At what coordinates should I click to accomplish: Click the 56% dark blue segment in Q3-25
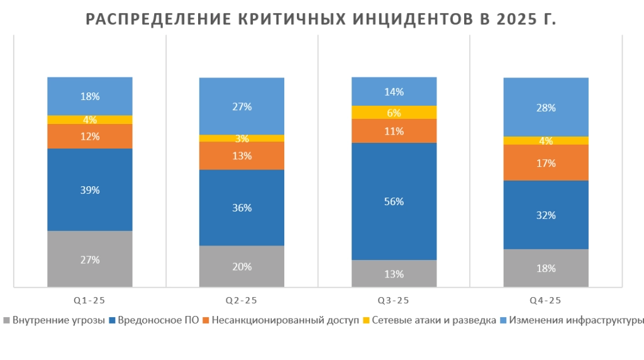(x=394, y=202)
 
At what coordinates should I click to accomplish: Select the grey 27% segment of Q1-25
(x=90, y=259)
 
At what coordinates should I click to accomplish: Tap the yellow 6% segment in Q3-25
(x=394, y=112)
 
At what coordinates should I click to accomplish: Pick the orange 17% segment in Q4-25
(x=546, y=163)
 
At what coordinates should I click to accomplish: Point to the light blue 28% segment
(x=546, y=108)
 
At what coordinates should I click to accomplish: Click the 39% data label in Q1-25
(x=90, y=190)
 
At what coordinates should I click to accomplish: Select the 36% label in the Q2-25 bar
(x=242, y=208)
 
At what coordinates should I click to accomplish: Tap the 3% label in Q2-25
(x=242, y=138)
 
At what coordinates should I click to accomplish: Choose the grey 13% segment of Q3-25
(x=394, y=274)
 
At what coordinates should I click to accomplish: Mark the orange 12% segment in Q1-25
(x=90, y=136)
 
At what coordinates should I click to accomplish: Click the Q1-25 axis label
(x=90, y=300)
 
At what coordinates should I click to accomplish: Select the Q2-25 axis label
(x=242, y=300)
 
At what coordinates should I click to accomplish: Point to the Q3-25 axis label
(x=394, y=300)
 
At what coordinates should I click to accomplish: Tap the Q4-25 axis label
(x=546, y=300)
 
